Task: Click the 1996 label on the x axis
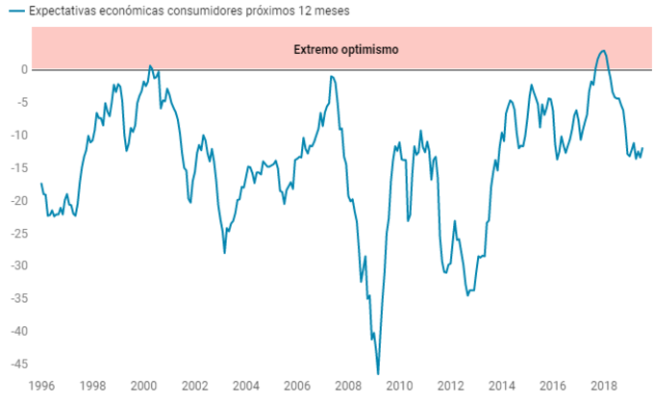41,386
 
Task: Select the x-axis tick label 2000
144,386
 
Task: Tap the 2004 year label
246,386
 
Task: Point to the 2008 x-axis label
348,386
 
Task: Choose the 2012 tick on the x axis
450,386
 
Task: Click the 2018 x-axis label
604,386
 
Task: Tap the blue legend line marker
14,12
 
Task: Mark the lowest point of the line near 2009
378,373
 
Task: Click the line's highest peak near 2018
602,51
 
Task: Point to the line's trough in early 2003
224,252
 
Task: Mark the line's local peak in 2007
331,76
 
